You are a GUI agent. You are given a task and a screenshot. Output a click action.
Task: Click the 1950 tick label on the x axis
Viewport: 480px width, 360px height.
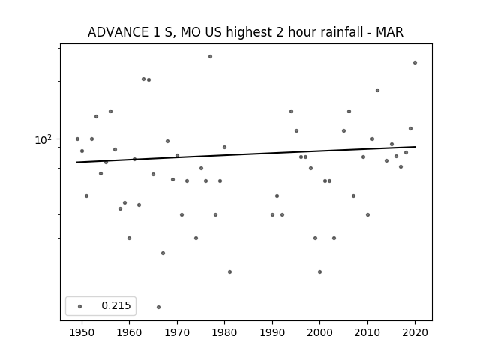pos(82,332)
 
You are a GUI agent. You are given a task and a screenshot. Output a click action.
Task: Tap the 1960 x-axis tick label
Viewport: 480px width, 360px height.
pos(129,332)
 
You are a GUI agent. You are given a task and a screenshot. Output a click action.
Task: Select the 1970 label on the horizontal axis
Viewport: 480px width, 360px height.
pos(177,332)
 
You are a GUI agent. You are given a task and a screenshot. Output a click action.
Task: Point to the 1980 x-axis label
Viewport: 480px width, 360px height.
pos(224,332)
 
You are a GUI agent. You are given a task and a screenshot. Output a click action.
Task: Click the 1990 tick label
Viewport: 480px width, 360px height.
pos(272,332)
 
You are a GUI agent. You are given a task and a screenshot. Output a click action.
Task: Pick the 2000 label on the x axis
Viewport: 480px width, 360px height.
pos(320,332)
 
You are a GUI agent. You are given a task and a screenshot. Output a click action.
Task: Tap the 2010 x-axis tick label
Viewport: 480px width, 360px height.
pos(367,332)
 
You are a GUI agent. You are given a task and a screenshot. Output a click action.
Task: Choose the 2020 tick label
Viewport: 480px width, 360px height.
pos(415,332)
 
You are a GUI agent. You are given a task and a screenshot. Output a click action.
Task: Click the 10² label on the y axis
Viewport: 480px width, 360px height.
pos(43,139)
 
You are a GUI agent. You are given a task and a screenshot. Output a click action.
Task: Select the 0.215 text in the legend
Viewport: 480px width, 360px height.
pos(116,305)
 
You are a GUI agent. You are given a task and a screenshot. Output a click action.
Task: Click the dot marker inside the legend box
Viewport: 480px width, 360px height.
pos(80,306)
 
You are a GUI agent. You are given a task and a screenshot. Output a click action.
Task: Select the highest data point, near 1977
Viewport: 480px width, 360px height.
pos(210,57)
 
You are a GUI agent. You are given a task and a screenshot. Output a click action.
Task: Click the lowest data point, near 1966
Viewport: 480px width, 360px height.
pos(158,307)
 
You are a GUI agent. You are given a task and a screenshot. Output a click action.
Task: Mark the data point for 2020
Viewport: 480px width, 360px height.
pos(415,63)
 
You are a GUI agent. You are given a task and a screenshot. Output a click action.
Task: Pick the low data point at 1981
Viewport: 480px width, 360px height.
pos(230,271)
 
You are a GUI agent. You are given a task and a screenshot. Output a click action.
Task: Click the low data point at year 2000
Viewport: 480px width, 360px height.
pos(320,271)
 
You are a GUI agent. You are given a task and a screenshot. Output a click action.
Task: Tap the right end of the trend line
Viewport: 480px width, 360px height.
pos(415,147)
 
